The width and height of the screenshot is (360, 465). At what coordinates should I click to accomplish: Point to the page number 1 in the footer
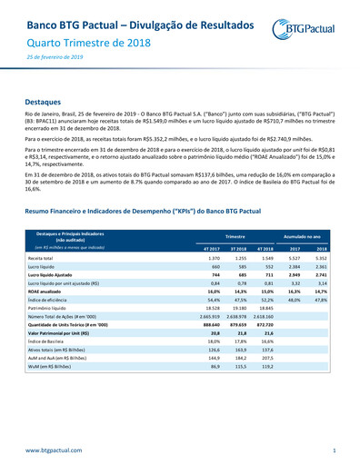[x=335, y=450]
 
